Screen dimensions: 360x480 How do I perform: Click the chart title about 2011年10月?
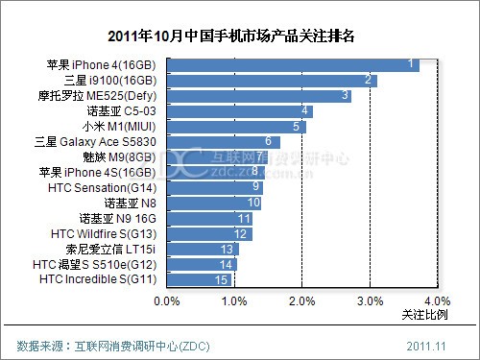[239, 36]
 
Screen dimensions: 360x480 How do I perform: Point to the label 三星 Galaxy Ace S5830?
[99, 142]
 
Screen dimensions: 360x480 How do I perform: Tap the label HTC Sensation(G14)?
[106, 187]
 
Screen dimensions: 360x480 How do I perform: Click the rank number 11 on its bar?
[244, 218]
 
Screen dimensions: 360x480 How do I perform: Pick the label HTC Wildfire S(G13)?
[106, 233]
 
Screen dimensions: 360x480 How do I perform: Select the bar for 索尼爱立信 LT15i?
[203, 249]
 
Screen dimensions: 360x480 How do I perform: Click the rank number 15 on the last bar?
[222, 279]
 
